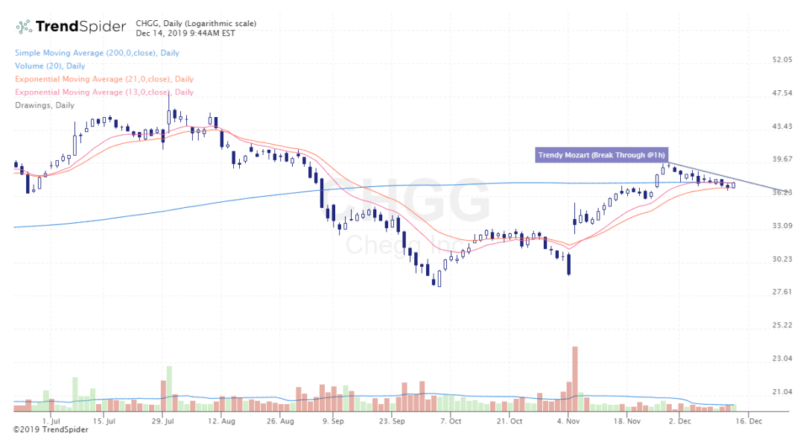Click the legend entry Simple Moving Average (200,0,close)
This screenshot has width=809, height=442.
pyautogui.click(x=96, y=53)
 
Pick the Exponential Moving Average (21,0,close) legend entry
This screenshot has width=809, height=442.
pyautogui.click(x=104, y=79)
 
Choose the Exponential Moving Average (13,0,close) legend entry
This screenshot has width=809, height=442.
pyautogui.click(x=104, y=92)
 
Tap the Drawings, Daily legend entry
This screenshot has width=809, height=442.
pyautogui.click(x=44, y=105)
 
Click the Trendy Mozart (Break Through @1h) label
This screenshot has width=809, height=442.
pyautogui.click(x=600, y=155)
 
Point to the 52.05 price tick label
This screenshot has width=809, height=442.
pyautogui.click(x=782, y=60)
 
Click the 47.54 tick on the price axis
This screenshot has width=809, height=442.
pyautogui.click(x=782, y=93)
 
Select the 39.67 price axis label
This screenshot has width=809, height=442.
pyautogui.click(x=782, y=160)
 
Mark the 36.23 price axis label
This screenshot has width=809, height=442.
pyautogui.click(x=782, y=192)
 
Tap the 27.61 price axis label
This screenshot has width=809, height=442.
pyautogui.click(x=782, y=292)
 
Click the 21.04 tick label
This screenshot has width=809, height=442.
pyautogui.click(x=782, y=392)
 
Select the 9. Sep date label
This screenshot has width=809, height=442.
pyautogui.click(x=332, y=420)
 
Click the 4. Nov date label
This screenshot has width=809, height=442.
pyautogui.click(x=568, y=420)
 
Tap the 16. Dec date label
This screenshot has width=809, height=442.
pyautogui.click(x=749, y=420)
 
